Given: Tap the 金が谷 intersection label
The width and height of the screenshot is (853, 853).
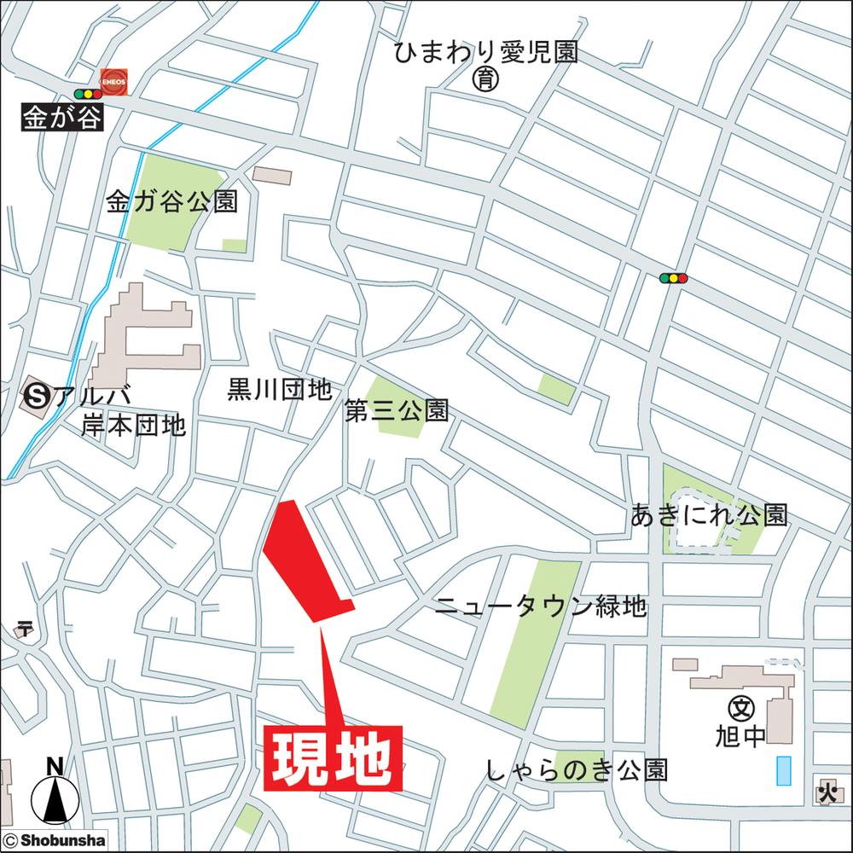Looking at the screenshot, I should (x=62, y=117).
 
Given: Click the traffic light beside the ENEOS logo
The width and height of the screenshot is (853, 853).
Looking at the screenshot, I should (x=87, y=93).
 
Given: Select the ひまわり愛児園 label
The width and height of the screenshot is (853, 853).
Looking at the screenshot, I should (x=486, y=53).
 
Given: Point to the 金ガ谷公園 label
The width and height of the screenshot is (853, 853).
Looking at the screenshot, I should (x=171, y=202).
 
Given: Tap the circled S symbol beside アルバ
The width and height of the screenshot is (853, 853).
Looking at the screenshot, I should (x=37, y=395).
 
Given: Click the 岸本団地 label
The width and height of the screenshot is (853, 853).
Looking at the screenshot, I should (x=133, y=425).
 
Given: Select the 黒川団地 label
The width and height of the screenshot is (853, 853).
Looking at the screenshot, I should (x=279, y=390).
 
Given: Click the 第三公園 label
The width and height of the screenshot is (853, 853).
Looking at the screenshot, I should (x=396, y=411).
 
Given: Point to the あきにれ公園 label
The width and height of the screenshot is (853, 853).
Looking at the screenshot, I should (x=709, y=514).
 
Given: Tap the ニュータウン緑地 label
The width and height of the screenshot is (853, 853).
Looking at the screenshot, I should (x=541, y=607).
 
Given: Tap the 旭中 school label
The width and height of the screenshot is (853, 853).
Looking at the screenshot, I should (x=742, y=736).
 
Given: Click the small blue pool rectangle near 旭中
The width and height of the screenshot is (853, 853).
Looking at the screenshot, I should (x=784, y=771).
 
